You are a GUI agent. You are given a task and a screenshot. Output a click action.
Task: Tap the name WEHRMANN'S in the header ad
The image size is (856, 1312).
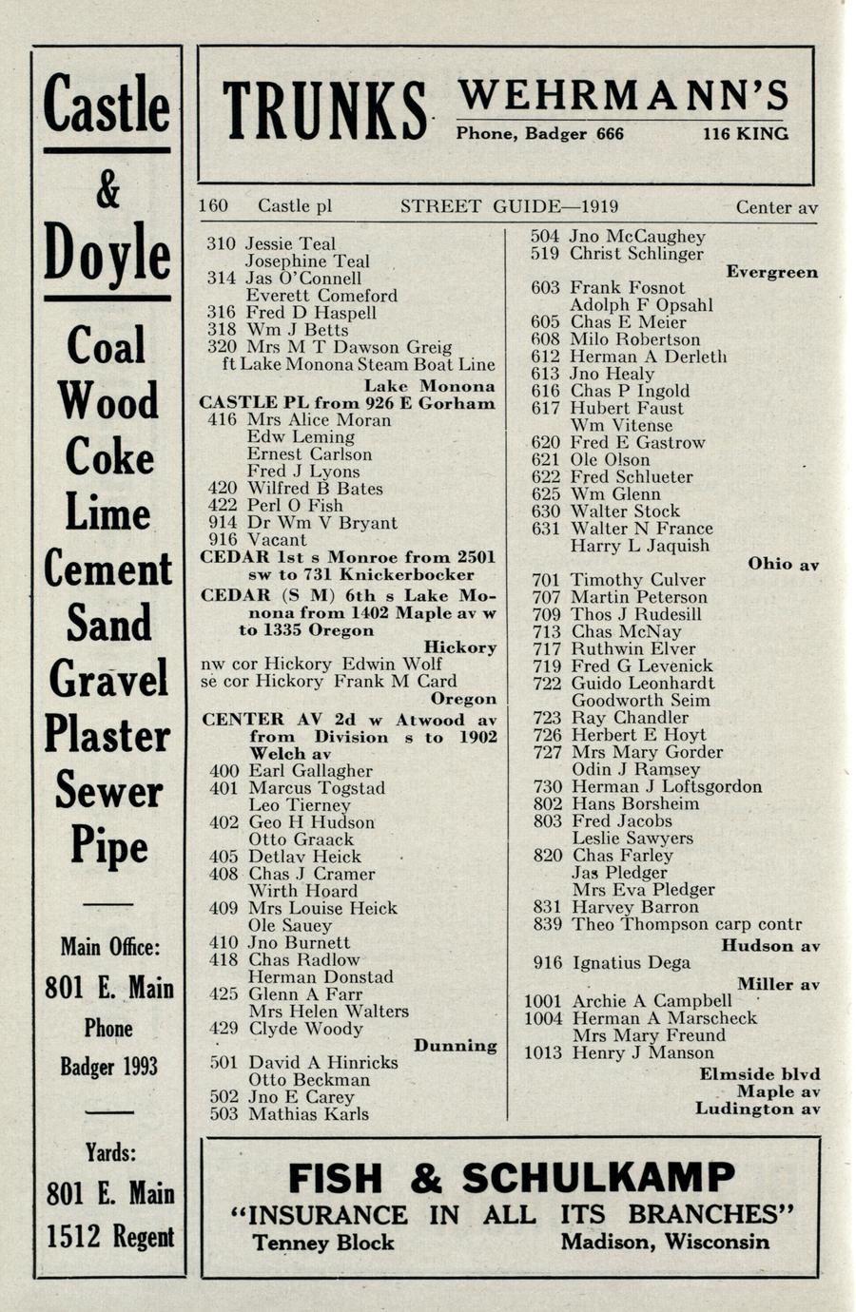(623, 95)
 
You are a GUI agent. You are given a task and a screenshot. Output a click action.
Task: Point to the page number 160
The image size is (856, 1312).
(214, 206)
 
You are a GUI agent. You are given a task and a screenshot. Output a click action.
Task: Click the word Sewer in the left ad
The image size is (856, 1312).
(107, 790)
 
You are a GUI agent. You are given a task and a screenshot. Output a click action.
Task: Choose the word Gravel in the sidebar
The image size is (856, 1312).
(107, 679)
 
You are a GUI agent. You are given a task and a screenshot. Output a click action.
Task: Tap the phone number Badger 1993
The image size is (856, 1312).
(108, 1067)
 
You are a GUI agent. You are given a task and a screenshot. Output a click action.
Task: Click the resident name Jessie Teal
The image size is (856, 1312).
(290, 244)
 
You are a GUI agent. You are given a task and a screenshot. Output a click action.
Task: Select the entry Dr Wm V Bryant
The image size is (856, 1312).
(321, 523)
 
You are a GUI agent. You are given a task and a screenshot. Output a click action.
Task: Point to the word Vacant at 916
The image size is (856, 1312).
(277, 540)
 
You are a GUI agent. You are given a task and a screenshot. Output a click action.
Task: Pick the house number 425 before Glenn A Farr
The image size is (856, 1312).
(223, 994)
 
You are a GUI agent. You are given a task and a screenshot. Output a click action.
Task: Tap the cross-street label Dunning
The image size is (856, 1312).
(455, 1046)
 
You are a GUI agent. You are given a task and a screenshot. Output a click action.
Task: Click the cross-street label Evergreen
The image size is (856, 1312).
(771, 272)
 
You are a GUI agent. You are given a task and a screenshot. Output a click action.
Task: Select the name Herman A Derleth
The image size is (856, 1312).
(648, 357)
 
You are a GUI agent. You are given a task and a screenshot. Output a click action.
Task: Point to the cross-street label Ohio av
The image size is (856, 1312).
(783, 564)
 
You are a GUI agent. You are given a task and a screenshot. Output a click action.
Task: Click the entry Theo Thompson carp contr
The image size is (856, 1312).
(686, 924)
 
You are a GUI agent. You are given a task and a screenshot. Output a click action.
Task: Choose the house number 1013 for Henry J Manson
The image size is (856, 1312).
(543, 1052)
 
